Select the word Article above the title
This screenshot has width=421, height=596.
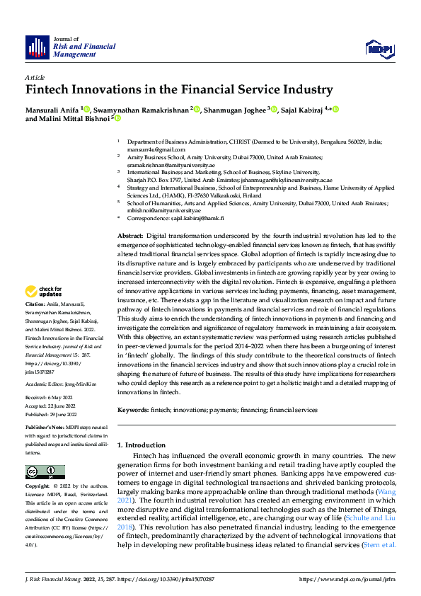click(35, 77)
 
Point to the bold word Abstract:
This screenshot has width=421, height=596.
click(130, 235)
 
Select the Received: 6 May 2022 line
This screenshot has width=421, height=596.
click(51, 398)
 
